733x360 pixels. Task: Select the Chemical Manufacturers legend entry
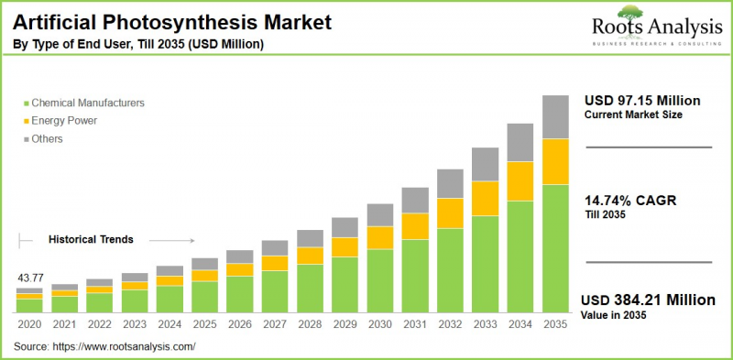[x=86, y=104]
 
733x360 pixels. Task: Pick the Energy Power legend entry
[x=63, y=120]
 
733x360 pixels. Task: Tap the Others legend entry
[x=50, y=137]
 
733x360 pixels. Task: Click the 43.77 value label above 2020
[x=29, y=278]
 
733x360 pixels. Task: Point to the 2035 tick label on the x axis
[x=554, y=324]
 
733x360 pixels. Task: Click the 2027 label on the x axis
[x=275, y=324]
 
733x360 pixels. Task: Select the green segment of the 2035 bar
[x=554, y=248]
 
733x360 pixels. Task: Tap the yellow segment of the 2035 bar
[x=554, y=161]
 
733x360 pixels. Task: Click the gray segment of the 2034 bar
[x=520, y=142]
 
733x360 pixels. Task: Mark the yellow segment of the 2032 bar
[x=450, y=213]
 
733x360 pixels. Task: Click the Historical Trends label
[x=91, y=239]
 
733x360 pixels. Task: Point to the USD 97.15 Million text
[x=642, y=100]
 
